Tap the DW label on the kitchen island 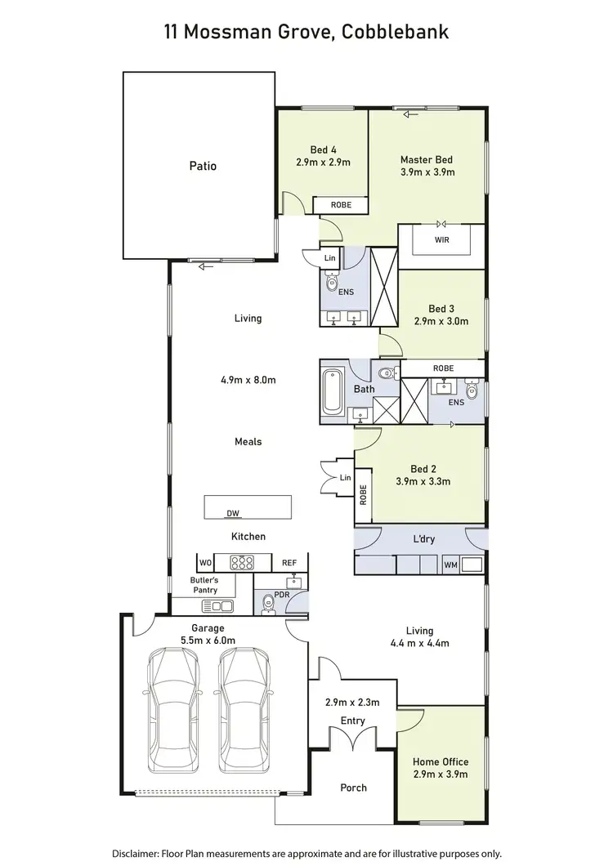pos(234,513)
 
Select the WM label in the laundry pos(450,565)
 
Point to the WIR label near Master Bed pos(442,240)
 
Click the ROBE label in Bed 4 pos(341,205)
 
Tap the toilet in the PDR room pos(267,604)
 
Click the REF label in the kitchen pos(289,563)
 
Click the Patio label pos(203,166)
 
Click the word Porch pos(353,788)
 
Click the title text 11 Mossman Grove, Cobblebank pos(306,32)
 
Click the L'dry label pos(423,539)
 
